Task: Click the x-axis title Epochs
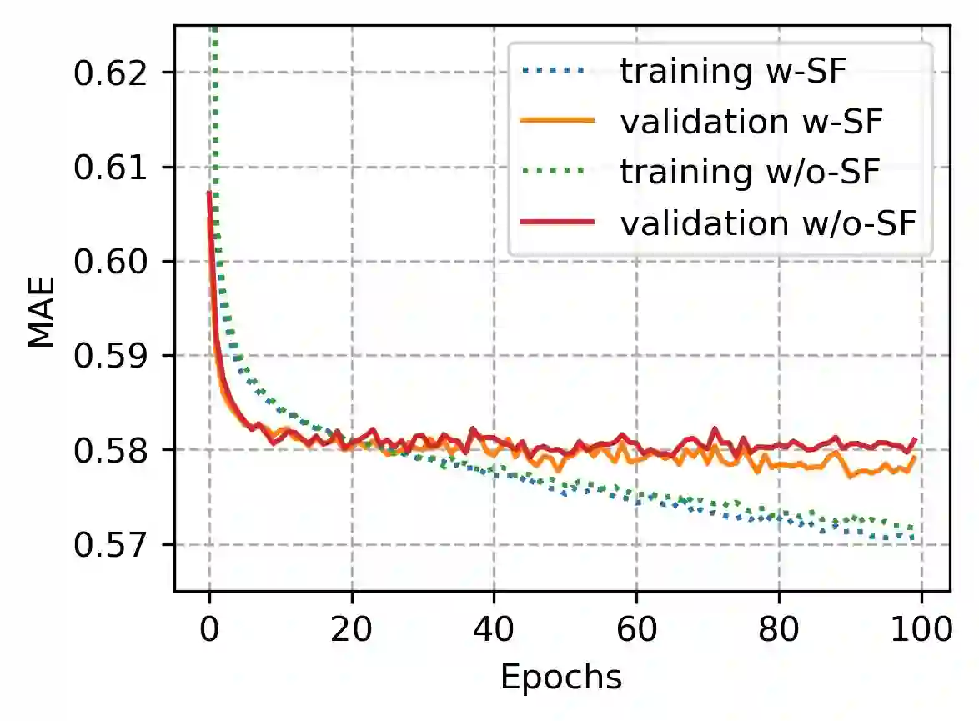[x=561, y=678]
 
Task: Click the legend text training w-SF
[x=733, y=72]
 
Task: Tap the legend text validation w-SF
[x=751, y=122]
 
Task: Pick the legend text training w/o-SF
[x=750, y=172]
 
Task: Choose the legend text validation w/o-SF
[x=767, y=223]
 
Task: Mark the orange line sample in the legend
[x=557, y=122]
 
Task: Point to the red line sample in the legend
[x=557, y=223]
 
